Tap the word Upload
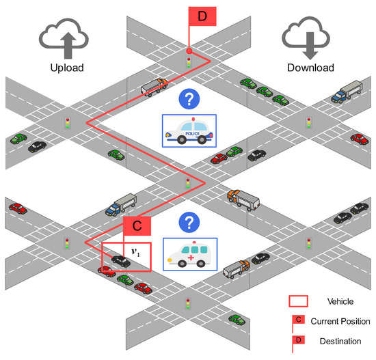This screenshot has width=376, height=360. [x=66, y=68]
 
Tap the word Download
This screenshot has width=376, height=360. [x=310, y=68]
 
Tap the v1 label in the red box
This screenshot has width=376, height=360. [x=135, y=252]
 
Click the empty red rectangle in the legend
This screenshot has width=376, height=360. [x=298, y=301]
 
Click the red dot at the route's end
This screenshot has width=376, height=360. [x=189, y=51]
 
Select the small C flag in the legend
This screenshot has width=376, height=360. [x=298, y=320]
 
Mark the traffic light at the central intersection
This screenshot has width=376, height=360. [x=188, y=184]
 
